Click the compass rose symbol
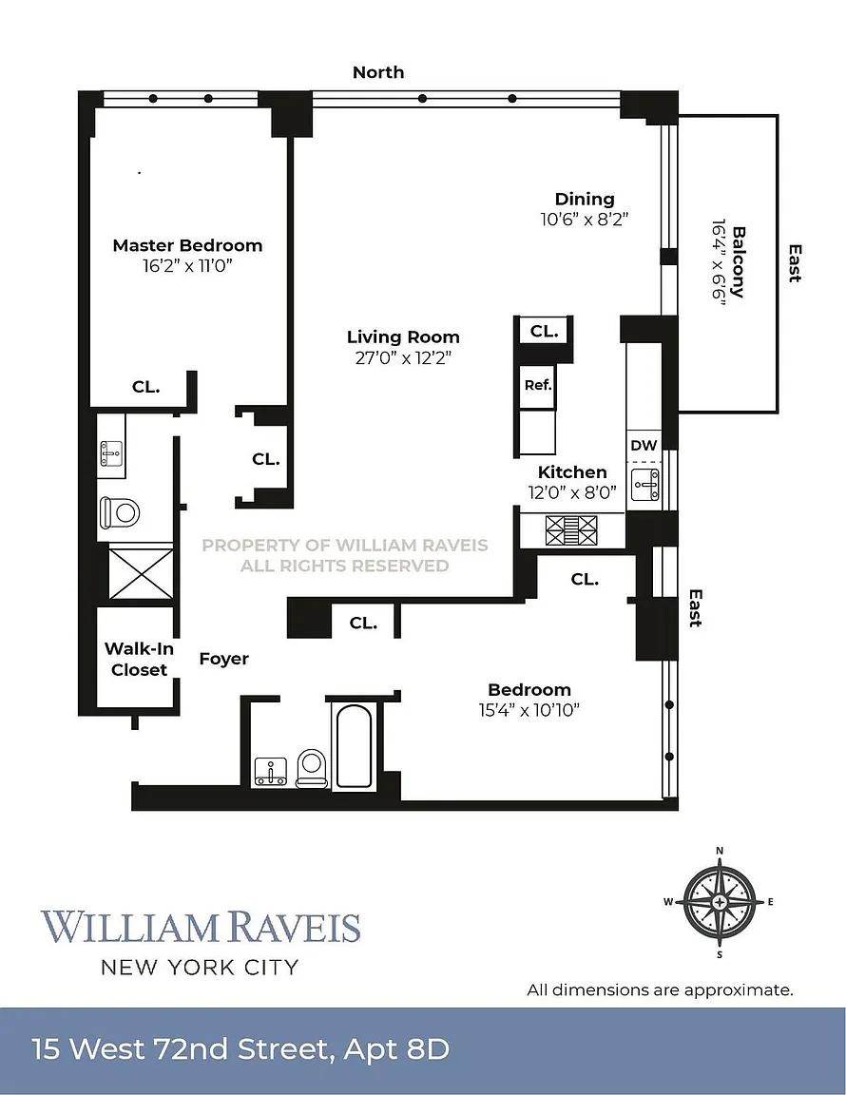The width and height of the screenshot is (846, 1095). (720, 901)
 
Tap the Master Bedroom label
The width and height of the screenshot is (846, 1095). (187, 245)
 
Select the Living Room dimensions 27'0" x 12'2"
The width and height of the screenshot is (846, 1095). (403, 358)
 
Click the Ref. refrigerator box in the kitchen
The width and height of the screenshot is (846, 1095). (537, 386)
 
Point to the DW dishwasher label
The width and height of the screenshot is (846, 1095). (644, 445)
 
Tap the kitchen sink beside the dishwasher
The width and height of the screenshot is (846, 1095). (646, 486)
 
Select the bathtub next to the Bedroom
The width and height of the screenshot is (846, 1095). (354, 745)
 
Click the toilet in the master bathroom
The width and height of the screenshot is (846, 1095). (120, 512)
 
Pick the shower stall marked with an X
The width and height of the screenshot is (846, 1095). (141, 572)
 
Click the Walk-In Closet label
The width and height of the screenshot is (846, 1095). (136, 659)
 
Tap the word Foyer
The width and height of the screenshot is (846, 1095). (224, 659)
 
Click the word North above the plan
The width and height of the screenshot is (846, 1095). (378, 72)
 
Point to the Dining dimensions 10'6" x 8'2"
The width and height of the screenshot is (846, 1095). (585, 218)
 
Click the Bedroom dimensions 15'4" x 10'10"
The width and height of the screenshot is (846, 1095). (529, 709)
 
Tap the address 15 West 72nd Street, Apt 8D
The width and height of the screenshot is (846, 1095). (240, 1050)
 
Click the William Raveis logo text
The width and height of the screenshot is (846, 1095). (201, 927)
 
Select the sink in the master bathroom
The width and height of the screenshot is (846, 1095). (112, 455)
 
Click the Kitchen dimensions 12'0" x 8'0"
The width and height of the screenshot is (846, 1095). (572, 491)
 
